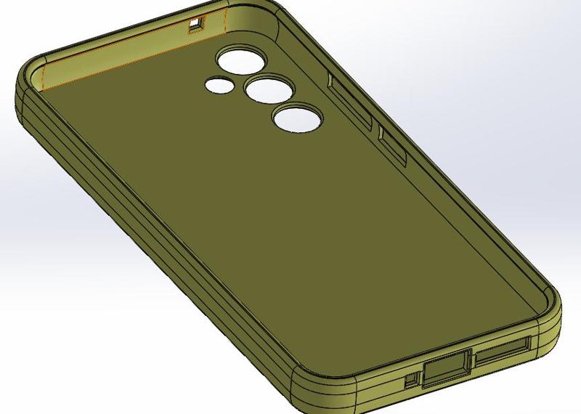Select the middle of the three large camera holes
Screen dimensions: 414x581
[268, 89]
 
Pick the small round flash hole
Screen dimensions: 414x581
[219, 85]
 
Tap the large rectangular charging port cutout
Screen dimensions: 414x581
[444, 370]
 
